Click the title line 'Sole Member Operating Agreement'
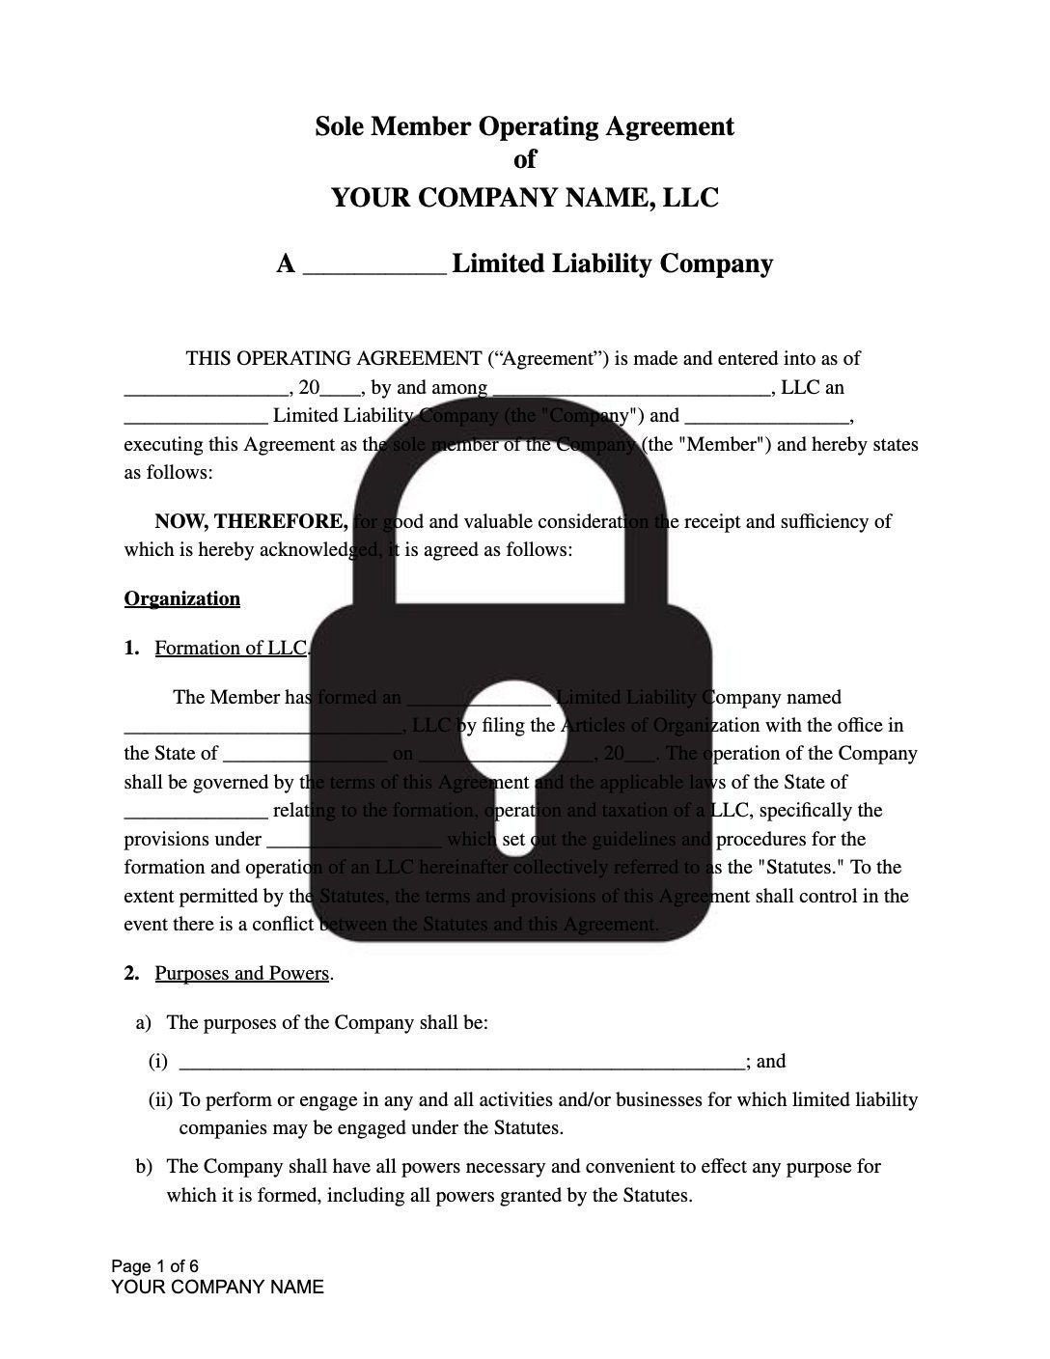point(524,126)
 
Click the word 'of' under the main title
point(524,159)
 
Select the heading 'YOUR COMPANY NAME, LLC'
point(524,198)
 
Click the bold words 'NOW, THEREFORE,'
point(251,522)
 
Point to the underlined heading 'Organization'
point(181,598)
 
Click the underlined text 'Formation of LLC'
point(230,648)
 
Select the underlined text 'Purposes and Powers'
point(241,973)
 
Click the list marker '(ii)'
point(160,1099)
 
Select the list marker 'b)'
point(144,1166)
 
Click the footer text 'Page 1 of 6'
point(155,1266)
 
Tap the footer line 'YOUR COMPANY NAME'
point(217,1287)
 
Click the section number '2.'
point(132,973)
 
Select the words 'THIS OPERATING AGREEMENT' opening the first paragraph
point(333,359)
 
